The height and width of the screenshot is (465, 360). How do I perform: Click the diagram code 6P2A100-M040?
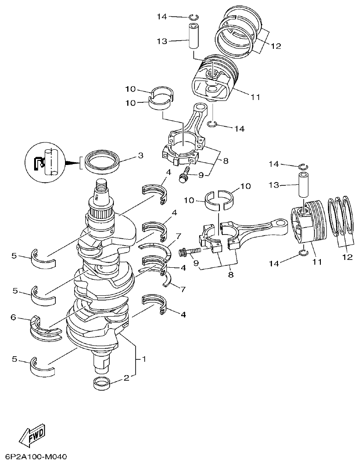[x=36, y=457]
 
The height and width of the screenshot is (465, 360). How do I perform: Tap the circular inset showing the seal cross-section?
[x=46, y=163]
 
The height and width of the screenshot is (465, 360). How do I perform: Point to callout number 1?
[x=144, y=359]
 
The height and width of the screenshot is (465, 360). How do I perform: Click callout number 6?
[x=13, y=317]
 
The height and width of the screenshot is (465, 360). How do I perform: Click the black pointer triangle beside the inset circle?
[x=73, y=163]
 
